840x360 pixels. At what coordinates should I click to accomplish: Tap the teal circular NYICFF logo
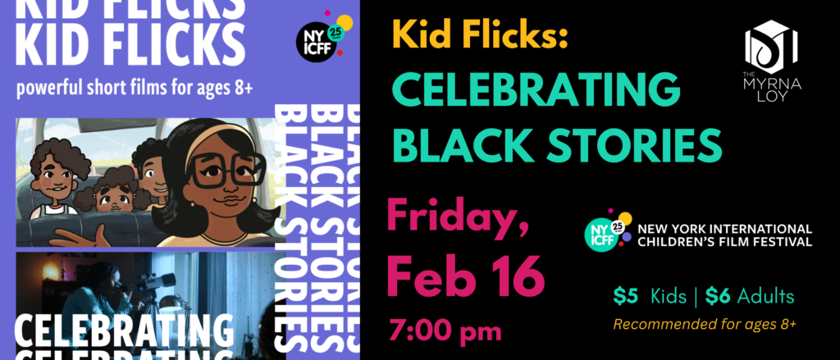[x=600, y=234]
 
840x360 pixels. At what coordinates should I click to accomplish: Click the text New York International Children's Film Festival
[x=724, y=235]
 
